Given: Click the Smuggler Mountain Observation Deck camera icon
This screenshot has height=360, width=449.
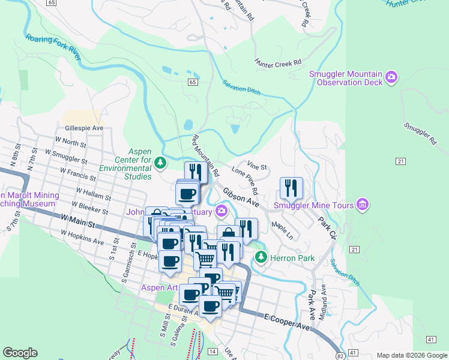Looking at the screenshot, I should coord(392,77).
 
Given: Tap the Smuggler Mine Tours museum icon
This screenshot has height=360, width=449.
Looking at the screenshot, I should coord(362,205).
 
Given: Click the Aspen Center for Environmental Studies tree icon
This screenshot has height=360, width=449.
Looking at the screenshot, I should coord(160,162).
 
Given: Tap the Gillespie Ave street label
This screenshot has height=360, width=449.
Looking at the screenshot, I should coord(83,128).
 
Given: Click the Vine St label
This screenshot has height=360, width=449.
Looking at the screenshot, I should coord(257,165).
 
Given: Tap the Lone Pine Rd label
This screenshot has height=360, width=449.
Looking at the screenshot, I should coord(245,182).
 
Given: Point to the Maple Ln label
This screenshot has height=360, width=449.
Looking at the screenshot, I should coord(282,229).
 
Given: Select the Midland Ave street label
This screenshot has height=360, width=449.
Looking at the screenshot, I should coord(322,302).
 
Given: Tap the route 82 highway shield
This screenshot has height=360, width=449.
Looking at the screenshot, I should coord(340,355).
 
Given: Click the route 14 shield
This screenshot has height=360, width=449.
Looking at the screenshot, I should coord(212,350).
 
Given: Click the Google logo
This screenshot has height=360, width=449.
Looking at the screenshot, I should coord(20,353).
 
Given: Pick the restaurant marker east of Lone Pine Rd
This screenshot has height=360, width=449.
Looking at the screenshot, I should coord(291,188).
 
